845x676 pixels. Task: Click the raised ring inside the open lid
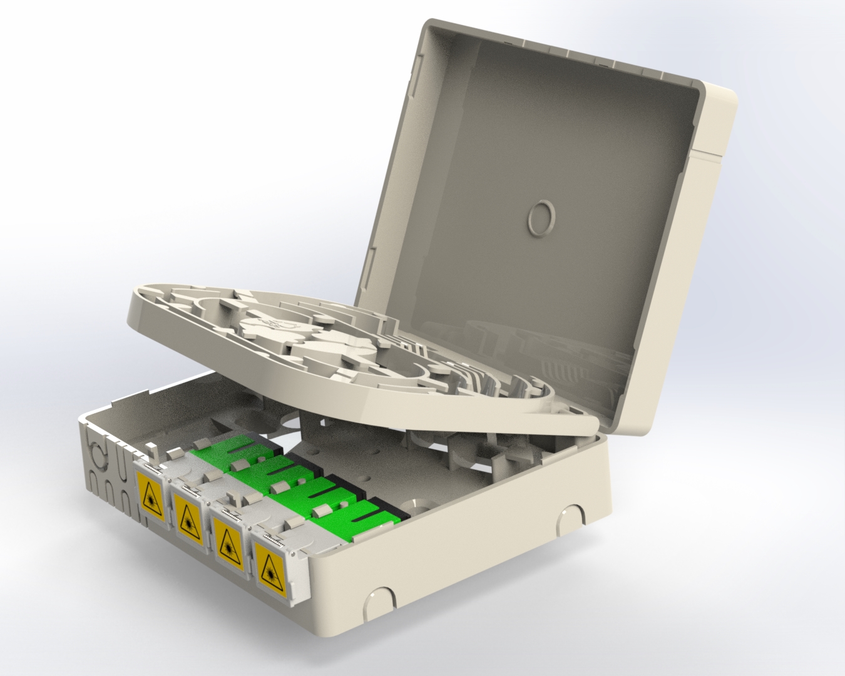coord(540,218)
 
